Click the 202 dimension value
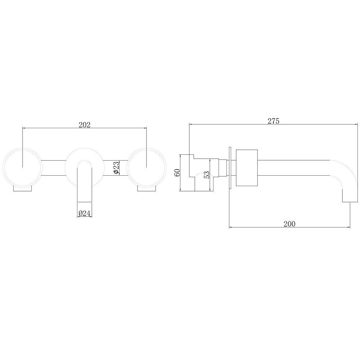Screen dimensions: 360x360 [x=85, y=125]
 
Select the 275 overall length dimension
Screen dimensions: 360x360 [x=274, y=121]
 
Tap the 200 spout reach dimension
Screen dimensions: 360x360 [x=289, y=224]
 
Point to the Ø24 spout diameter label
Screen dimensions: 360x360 [x=84, y=213]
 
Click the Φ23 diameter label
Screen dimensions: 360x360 [x=116, y=168]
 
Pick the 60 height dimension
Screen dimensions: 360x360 [x=177, y=172]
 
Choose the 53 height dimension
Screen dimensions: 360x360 [x=207, y=175]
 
